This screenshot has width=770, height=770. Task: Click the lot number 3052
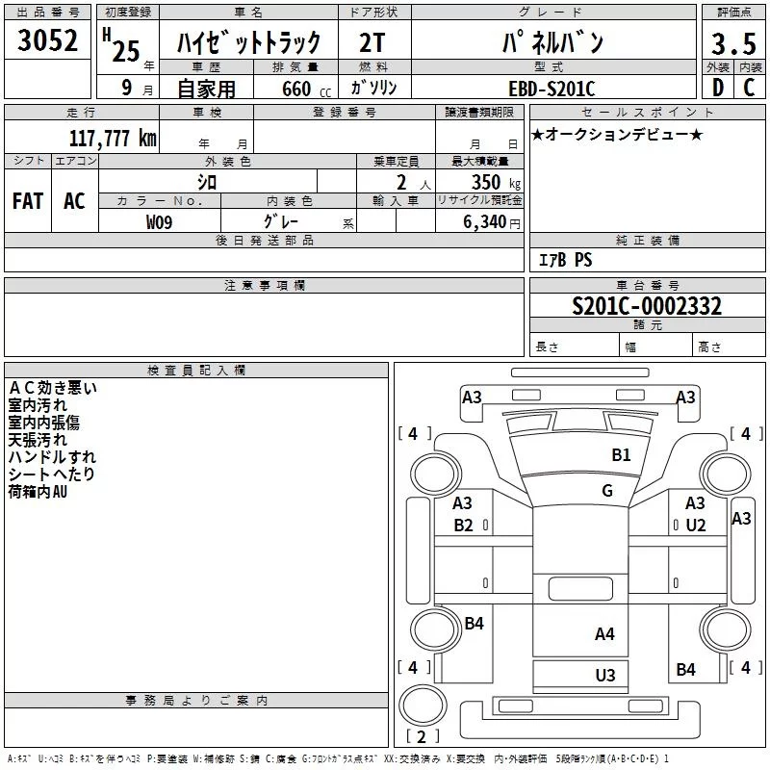[x=48, y=43]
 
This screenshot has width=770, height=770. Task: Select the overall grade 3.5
[x=732, y=45]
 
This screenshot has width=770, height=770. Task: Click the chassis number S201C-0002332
[x=647, y=306]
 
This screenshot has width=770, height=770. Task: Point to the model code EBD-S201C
[x=552, y=89]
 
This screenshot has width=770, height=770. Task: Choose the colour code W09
[x=160, y=222]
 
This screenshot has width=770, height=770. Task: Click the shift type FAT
[x=28, y=201]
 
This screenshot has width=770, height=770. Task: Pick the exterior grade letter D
[x=717, y=89]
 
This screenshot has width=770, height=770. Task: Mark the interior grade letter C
[x=749, y=89]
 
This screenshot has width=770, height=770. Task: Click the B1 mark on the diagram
[x=622, y=455]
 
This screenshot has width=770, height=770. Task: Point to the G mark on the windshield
[x=607, y=491]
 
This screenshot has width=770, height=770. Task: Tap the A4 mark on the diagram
[x=604, y=633]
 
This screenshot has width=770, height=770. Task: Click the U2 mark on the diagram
[x=696, y=526]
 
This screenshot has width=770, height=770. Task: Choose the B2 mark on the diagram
[x=464, y=526]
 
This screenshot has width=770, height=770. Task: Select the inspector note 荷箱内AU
[x=38, y=493]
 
